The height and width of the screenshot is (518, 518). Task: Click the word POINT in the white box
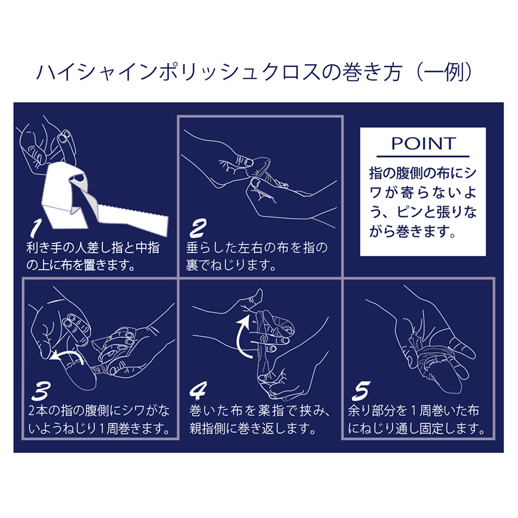424,143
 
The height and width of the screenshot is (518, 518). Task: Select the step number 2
198,228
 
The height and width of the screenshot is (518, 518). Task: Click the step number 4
198,390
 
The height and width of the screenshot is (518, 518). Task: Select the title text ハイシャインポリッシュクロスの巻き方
219,71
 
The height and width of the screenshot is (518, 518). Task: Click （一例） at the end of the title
444,71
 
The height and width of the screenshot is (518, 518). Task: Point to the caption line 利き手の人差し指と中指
93,248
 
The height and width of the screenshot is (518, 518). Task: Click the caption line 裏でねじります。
231,265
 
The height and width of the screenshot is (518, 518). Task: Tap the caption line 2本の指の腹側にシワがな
99,411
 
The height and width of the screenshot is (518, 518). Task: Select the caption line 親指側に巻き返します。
252,428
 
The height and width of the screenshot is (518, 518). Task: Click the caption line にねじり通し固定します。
416,428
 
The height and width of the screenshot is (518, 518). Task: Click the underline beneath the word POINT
423,156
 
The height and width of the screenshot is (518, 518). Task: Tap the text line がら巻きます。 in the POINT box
413,232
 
